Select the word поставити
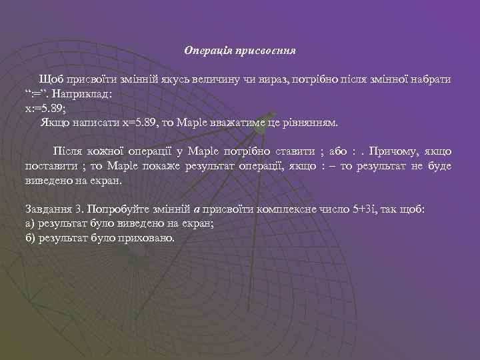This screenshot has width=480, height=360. (x=48, y=167)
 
